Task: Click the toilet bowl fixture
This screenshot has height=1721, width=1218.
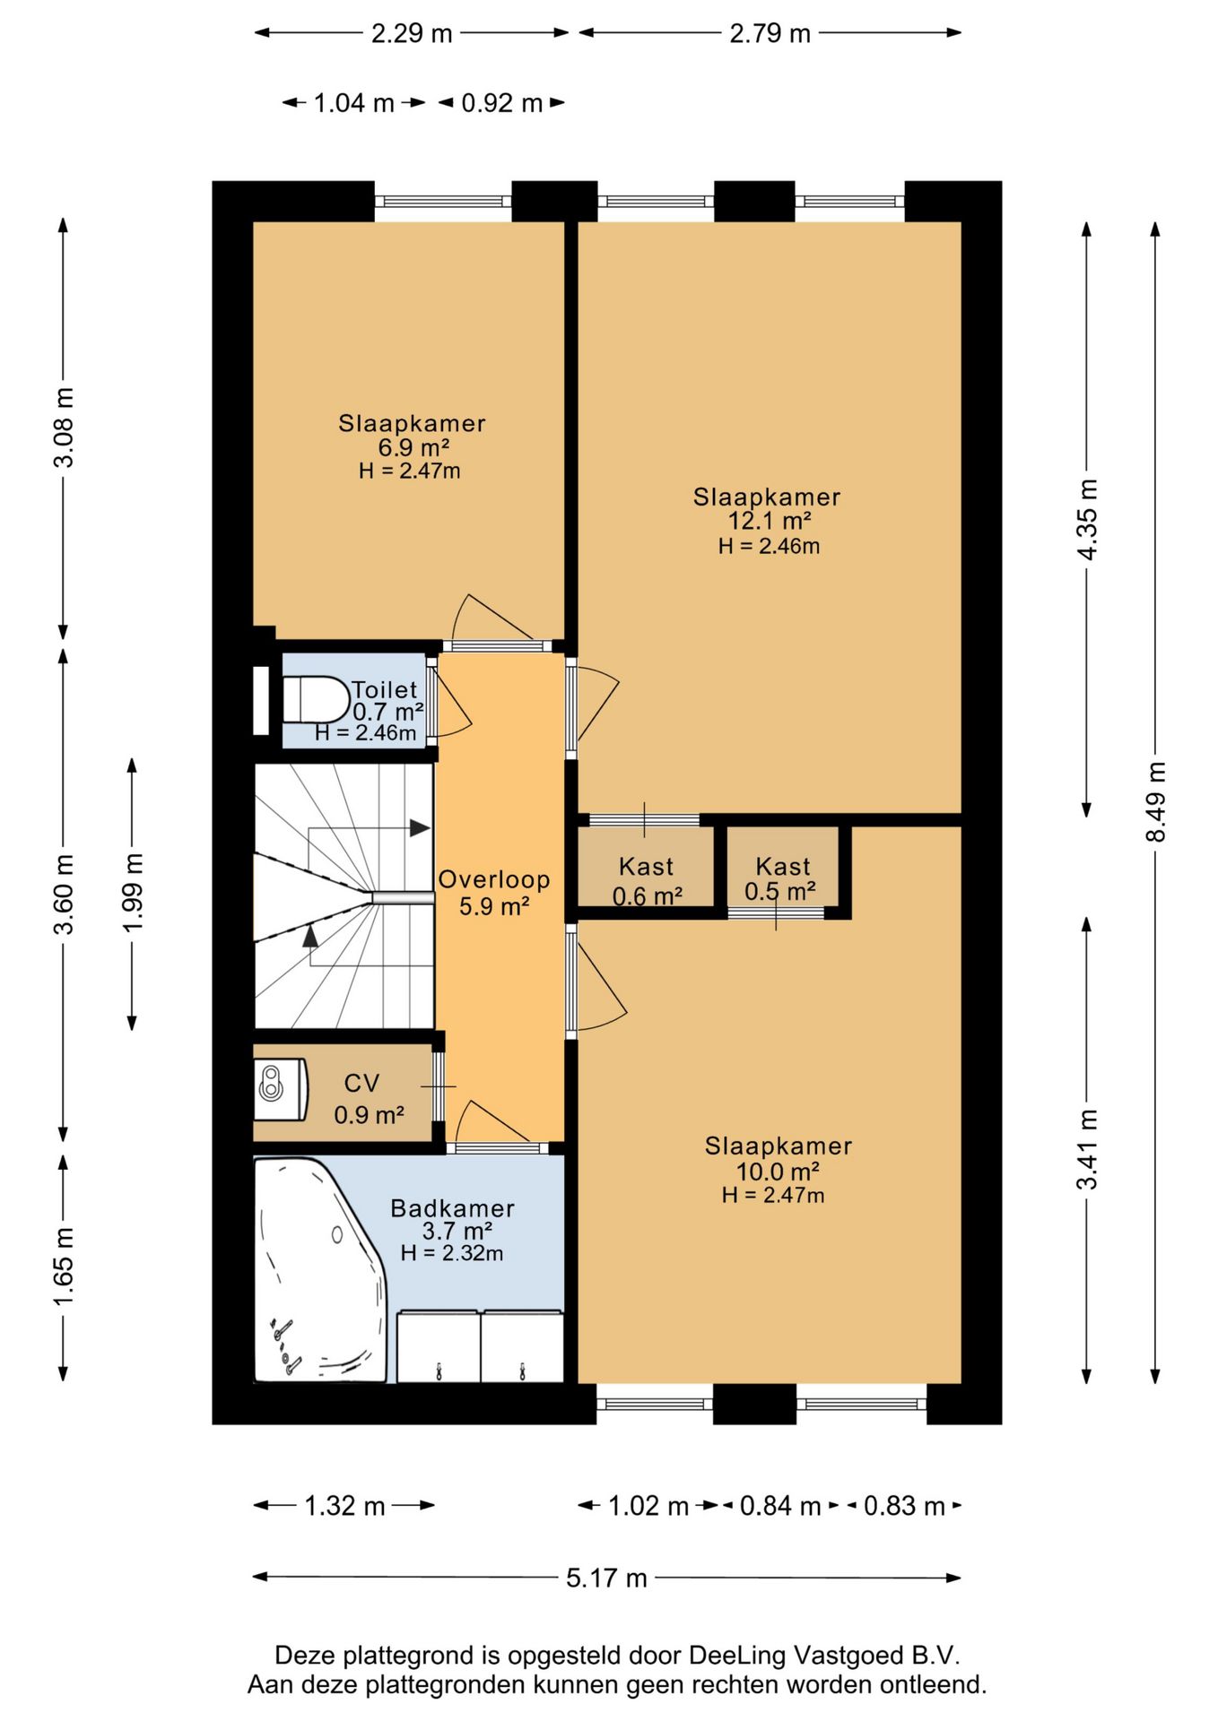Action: click(x=317, y=699)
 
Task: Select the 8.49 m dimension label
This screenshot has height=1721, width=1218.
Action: click(x=1156, y=801)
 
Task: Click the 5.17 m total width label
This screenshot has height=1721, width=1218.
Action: click(x=606, y=1578)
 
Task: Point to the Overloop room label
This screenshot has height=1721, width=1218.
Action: click(x=494, y=879)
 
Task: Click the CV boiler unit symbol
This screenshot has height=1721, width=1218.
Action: click(x=280, y=1088)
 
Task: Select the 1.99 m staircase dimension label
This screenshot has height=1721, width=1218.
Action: click(x=133, y=893)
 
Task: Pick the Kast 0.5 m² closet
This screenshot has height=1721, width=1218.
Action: click(x=783, y=867)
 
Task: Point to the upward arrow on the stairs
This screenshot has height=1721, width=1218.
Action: click(x=310, y=936)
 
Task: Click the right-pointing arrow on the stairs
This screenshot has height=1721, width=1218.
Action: click(x=419, y=828)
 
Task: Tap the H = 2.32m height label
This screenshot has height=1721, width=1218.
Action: click(x=452, y=1253)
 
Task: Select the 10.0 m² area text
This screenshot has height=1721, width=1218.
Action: click(x=778, y=1172)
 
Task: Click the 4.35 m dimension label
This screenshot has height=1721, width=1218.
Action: click(x=1087, y=520)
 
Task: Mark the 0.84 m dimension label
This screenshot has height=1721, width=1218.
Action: click(x=780, y=1506)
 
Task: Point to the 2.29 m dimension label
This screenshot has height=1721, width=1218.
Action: click(x=412, y=33)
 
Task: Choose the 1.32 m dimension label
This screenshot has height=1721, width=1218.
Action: click(x=344, y=1506)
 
